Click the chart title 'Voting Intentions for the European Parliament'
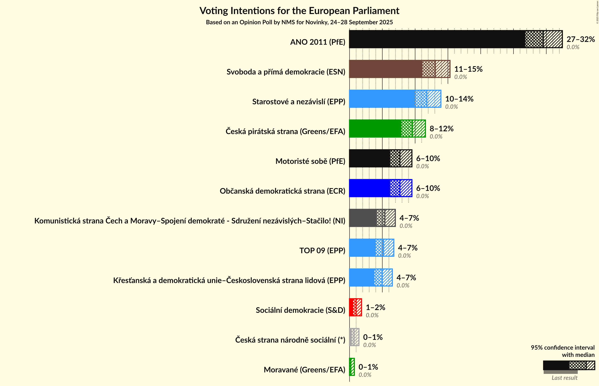299,11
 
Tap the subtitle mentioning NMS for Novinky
299,22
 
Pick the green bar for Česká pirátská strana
375,129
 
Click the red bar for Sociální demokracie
351,307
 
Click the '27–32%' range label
580,39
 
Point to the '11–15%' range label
468,69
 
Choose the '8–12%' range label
441,129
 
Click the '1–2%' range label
375,307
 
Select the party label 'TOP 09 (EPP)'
322,250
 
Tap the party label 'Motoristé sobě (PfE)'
310,161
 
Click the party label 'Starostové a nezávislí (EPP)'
299,102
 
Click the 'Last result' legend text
564,378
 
